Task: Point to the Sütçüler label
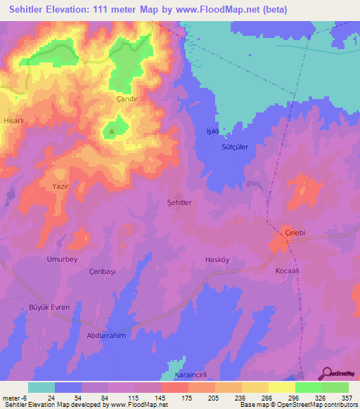235,149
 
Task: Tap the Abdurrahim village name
108,336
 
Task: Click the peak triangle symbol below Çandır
111,131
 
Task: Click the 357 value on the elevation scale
345,398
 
